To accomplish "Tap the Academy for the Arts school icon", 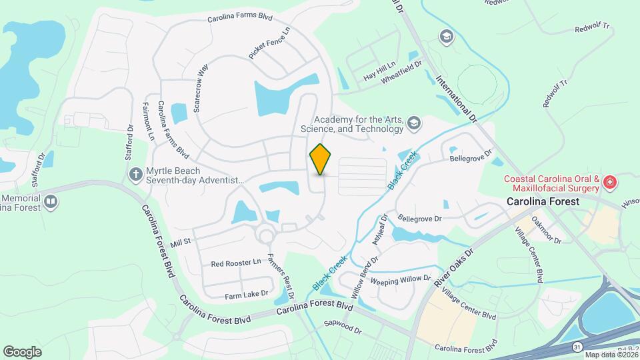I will pyautogui.click(x=414, y=123).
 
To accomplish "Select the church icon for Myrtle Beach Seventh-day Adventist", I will pyautogui.click(x=135, y=175).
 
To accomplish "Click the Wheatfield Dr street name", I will pyautogui.click(x=402, y=73).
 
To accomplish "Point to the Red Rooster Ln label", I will pyautogui.click(x=236, y=263).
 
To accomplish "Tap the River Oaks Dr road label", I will pyautogui.click(x=454, y=268).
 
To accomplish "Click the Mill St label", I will pyautogui.click(x=181, y=240).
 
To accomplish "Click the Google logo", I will pyautogui.click(x=22, y=351).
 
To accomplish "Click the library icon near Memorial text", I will pyautogui.click(x=51, y=200).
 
